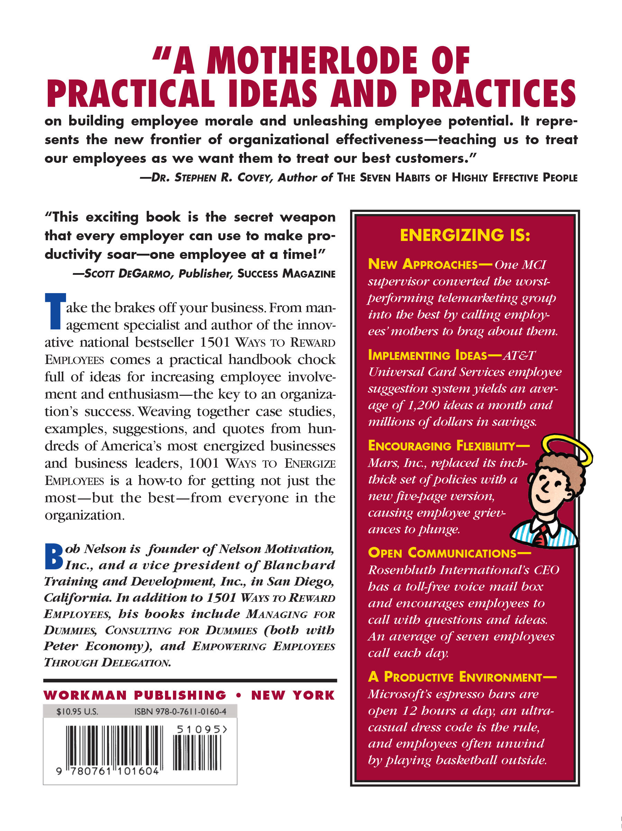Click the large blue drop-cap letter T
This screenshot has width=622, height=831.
coord(55,311)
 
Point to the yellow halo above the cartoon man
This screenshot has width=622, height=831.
coord(567,450)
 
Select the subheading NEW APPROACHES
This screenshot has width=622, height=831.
coord(423,264)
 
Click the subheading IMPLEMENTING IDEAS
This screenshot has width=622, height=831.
coord(428,355)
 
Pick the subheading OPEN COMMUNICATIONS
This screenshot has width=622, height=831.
coord(442,553)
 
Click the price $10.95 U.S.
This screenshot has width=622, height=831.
coord(77,712)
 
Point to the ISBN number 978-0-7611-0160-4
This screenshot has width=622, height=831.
coord(180,712)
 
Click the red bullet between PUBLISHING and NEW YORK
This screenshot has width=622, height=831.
coord(238,696)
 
